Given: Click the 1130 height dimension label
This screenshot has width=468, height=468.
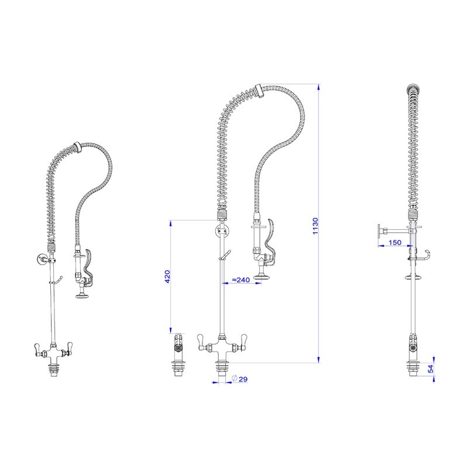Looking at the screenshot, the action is pos(315,226).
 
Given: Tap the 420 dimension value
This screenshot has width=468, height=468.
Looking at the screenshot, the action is pos(167,277).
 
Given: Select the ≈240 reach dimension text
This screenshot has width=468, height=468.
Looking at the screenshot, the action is pos(241,280).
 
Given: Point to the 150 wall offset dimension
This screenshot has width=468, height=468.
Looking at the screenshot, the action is pos(395,242).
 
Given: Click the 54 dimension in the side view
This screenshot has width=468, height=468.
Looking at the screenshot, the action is pos(431,369).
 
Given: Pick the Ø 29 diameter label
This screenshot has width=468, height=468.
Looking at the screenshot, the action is pos(240,378).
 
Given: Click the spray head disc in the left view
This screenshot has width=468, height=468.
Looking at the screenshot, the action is pos(82,296).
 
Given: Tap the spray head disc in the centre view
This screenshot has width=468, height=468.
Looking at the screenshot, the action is pos(262,277).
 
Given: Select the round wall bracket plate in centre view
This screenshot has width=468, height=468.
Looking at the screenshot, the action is pos(222,230).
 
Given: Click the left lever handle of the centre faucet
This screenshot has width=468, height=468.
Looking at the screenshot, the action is pos(201,342).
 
